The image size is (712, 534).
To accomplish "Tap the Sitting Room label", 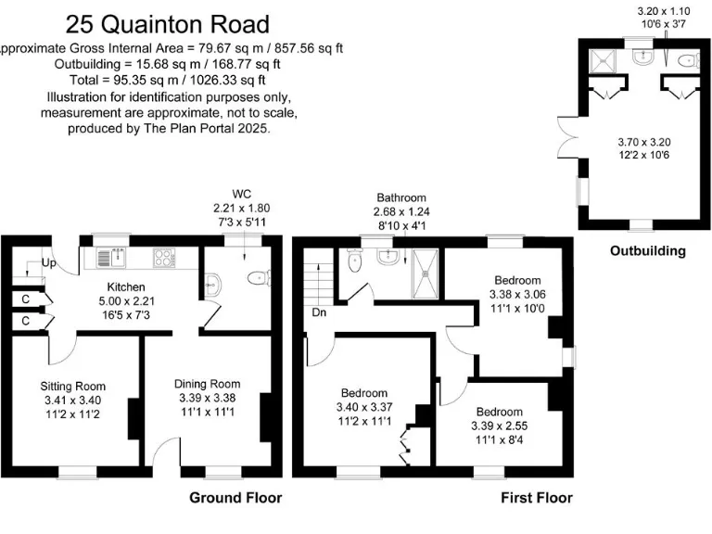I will (72, 387).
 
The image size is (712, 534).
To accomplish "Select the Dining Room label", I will (208, 384).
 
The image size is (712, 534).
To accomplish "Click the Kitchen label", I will (126, 286).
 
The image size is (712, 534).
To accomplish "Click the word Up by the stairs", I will (49, 263).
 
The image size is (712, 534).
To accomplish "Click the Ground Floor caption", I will (235, 498).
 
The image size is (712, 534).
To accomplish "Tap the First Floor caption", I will (537, 498).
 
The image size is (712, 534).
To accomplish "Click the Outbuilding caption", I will (647, 250).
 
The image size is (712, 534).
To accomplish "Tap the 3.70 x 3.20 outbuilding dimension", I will (643, 141).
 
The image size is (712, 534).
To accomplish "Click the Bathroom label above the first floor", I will (400, 197).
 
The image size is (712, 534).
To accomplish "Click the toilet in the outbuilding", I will (687, 61).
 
